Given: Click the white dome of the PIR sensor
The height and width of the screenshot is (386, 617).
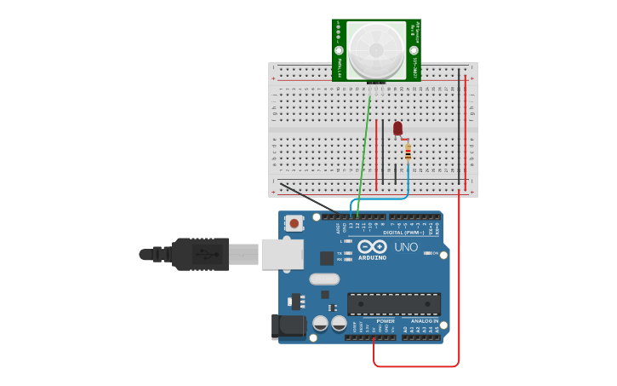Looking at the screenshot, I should click(375, 49).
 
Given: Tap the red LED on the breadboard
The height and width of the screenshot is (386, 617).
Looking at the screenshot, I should click(397, 129).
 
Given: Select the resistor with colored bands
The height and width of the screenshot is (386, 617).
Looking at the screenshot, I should click(408, 153).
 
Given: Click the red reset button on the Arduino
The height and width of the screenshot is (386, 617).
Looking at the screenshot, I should click(294, 223).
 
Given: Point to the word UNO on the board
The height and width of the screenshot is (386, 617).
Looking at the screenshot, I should click(406, 247).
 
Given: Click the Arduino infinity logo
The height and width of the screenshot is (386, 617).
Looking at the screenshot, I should click(372, 246).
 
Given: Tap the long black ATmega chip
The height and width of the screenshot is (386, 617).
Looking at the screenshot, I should click(393, 303).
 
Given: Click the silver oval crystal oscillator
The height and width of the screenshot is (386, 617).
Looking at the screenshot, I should click(324, 279).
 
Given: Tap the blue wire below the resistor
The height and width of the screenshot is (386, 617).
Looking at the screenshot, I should click(408, 183).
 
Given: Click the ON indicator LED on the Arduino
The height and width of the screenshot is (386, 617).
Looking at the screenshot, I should click(428, 253).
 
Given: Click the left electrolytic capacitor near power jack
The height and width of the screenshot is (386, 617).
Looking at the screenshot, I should click(320, 323).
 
